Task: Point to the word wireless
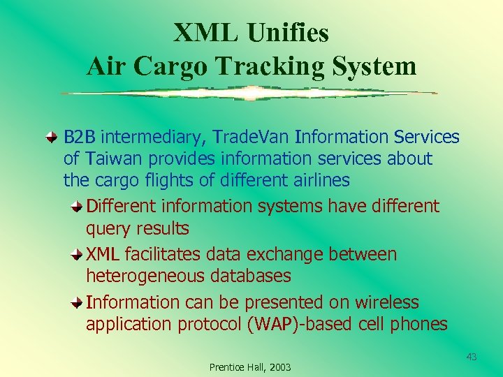[386, 302]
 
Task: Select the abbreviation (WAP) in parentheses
[273, 324]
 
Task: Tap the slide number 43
[472, 357]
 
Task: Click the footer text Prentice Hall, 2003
[250, 367]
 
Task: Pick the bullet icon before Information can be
[78, 303]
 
